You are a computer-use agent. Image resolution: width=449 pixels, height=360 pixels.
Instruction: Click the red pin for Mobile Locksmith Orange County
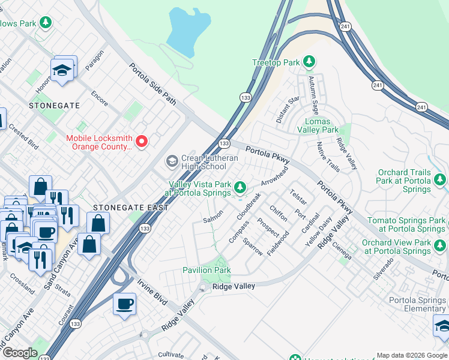pyautogui.click(x=142, y=142)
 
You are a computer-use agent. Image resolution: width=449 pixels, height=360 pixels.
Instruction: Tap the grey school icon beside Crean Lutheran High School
pyautogui.click(x=172, y=161)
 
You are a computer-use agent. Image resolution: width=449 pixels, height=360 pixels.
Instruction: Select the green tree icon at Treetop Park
pyautogui.click(x=309, y=61)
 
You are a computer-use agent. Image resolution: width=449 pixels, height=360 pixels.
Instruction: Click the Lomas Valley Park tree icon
pyautogui.click(x=346, y=130)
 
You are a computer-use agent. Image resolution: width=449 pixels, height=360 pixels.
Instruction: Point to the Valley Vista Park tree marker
pyautogui.click(x=240, y=188)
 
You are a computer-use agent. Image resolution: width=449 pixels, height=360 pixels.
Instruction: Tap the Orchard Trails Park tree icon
pyautogui.click(x=441, y=179)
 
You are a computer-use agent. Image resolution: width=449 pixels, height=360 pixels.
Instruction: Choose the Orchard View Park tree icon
pyautogui.click(x=441, y=246)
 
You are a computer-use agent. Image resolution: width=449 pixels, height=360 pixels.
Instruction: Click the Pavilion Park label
pyautogui.click(x=206, y=270)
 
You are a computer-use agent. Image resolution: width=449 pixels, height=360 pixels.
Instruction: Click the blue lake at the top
pyautogui.click(x=187, y=30)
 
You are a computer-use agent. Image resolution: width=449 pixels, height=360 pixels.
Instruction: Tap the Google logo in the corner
pyautogui.click(x=20, y=353)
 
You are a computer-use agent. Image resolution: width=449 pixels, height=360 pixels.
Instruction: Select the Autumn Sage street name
pyautogui.click(x=313, y=95)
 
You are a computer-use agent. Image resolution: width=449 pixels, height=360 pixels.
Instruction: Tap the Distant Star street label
pyautogui.click(x=288, y=110)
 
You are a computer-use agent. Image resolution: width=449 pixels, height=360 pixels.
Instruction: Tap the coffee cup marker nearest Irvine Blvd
pyautogui.click(x=124, y=304)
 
